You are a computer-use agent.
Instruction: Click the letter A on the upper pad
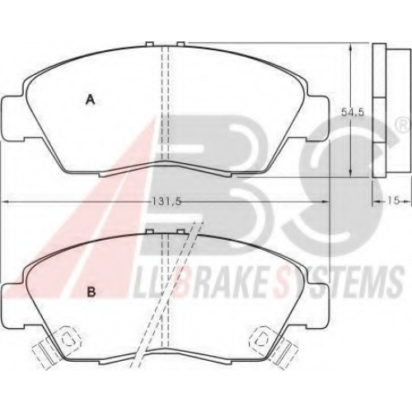coord(91,99)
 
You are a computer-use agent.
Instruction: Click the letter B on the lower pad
coord(91,292)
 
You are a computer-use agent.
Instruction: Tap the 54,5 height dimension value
coord(353,112)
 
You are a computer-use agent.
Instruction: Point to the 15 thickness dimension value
coord(393,200)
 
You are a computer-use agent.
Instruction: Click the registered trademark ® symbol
coord(402,126)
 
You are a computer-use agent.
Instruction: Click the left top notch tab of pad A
coord(150,44)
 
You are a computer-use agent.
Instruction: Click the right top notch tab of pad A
coord(180,44)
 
